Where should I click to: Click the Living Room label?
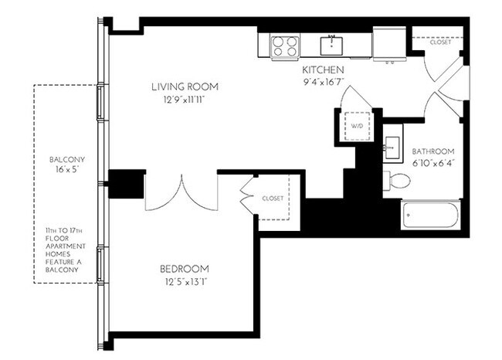click(185, 86)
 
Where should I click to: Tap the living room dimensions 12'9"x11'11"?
click(185, 99)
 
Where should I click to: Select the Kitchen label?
click(322, 70)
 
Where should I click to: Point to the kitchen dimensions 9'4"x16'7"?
click(322, 81)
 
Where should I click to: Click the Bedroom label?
click(185, 269)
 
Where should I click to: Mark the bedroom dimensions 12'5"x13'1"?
click(185, 282)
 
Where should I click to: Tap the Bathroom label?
click(432, 151)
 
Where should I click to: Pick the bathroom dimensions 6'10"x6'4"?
click(432, 163)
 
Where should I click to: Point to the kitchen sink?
click(333, 43)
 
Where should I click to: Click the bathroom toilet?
click(399, 182)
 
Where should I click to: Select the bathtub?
click(430, 214)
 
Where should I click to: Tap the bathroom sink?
click(392, 146)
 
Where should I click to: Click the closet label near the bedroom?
click(273, 199)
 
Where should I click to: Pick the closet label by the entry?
click(440, 42)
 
